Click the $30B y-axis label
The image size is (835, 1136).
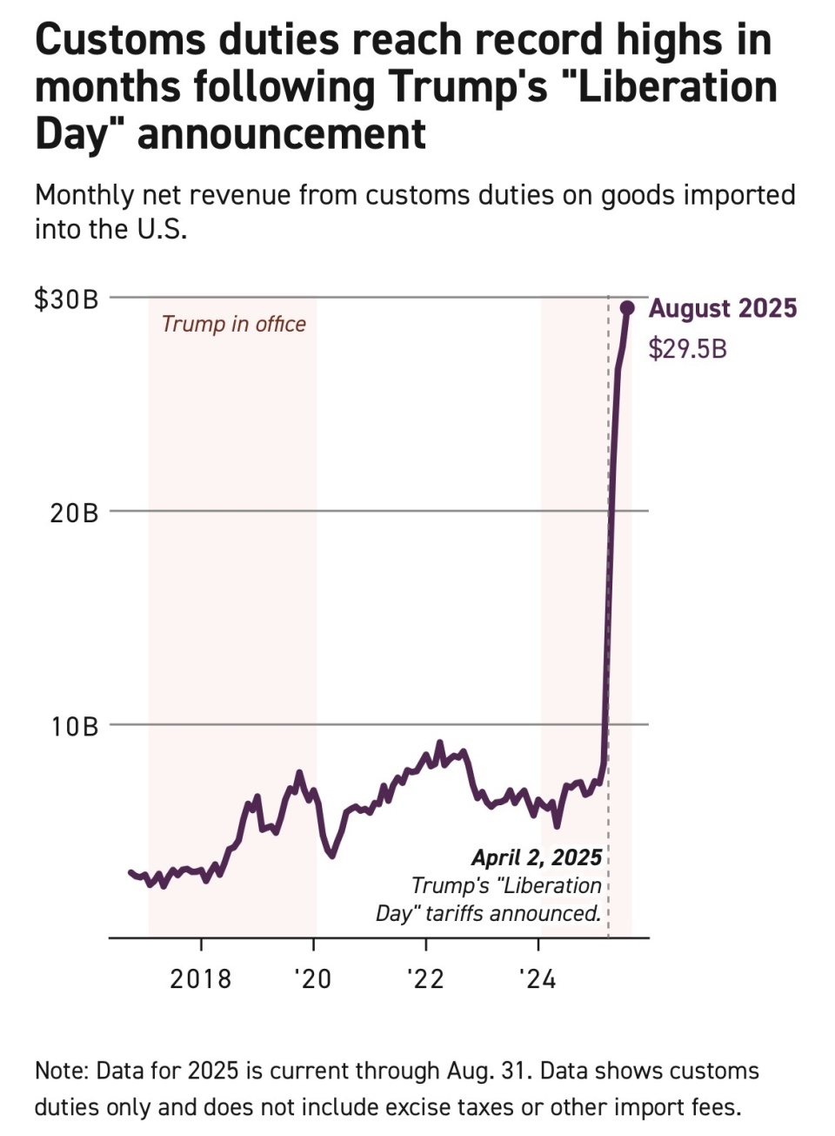(66, 299)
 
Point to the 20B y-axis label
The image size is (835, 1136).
(74, 513)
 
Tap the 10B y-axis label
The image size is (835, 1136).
(74, 726)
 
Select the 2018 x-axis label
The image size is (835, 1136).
(201, 979)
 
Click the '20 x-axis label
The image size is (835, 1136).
(313, 979)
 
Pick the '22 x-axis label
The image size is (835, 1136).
(425, 979)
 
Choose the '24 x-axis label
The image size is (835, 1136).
(538, 979)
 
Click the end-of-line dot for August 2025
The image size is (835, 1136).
(626, 307)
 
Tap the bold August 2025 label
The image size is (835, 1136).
(723, 309)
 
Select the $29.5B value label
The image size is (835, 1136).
(687, 349)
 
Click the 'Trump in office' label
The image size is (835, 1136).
(234, 325)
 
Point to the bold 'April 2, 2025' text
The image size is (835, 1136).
(537, 858)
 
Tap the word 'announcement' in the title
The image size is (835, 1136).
(282, 134)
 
